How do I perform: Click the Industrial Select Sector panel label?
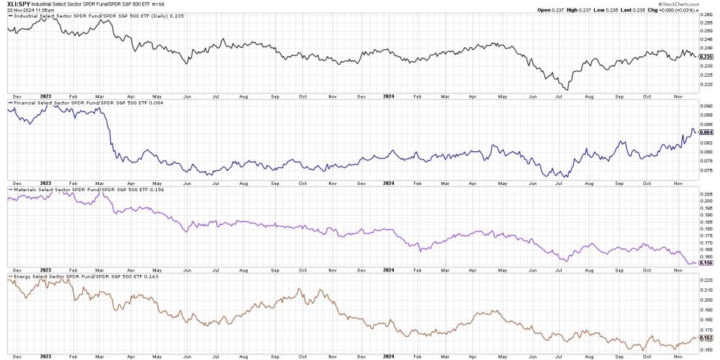tap(84, 16)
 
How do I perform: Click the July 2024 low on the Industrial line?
tap(567, 89)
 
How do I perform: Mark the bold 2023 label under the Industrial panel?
tap(46, 95)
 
